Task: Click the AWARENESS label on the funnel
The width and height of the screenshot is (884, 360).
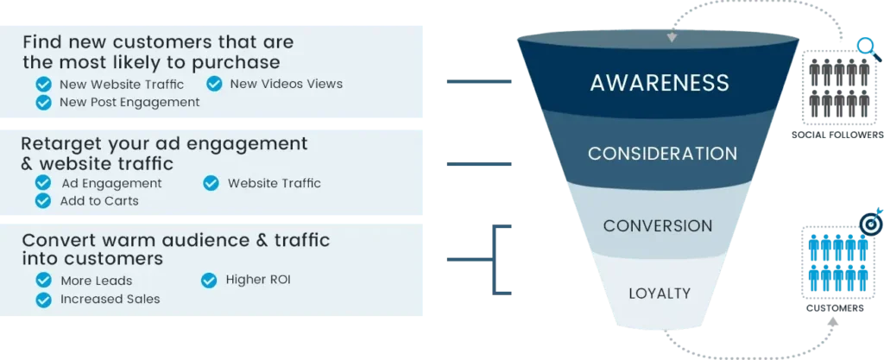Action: click(660, 83)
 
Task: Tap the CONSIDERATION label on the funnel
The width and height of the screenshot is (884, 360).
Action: click(662, 154)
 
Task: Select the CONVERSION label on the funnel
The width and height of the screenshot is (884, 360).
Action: click(658, 226)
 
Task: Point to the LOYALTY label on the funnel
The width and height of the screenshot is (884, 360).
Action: click(660, 294)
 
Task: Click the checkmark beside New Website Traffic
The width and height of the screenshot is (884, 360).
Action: click(42, 85)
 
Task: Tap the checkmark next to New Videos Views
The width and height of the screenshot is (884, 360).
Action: click(214, 84)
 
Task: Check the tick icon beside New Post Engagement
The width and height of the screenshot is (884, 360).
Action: click(42, 103)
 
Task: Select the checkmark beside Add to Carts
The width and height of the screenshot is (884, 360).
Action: click(42, 201)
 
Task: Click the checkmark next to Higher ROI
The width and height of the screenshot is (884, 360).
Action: click(209, 281)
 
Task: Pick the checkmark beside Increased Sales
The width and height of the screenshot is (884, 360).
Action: click(42, 300)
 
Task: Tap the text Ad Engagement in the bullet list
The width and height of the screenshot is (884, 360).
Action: click(111, 183)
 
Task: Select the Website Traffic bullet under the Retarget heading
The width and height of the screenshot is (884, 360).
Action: click(274, 183)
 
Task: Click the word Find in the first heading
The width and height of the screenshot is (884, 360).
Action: click(41, 41)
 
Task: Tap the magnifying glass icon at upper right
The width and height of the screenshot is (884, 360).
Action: click(864, 43)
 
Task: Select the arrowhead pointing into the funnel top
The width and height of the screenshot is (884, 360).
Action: click(671, 38)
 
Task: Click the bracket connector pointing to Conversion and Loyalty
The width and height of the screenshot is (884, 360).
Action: click(494, 259)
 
